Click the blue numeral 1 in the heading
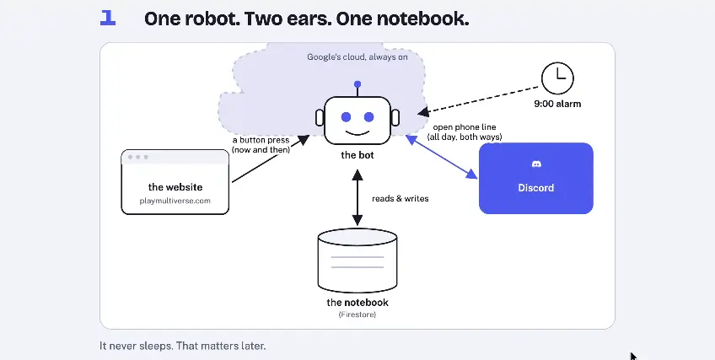pos(108,19)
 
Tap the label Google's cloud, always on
pos(357,57)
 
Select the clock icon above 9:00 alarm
pos(557,78)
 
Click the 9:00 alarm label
pos(557,104)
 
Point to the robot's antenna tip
pos(357,84)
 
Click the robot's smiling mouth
pos(357,132)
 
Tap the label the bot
pos(357,155)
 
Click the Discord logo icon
pos(536,164)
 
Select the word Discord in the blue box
pos(535,188)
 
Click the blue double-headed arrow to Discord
pos(442,157)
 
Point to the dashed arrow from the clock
pos(478,99)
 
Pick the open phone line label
pos(465,127)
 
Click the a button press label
pos(261,140)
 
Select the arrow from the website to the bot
pos(271,159)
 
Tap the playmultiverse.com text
pos(175,201)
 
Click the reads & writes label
pos(400,199)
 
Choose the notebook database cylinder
pos(357,261)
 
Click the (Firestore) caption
pos(357,314)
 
